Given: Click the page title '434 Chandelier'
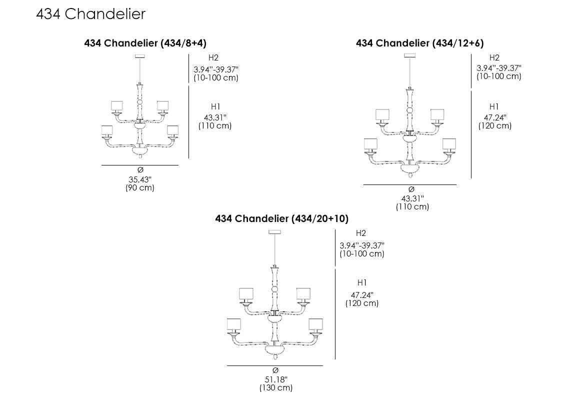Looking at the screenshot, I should (90, 14).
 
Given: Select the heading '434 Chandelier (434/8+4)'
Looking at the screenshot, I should (145, 43).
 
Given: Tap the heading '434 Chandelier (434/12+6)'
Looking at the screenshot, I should (419, 43).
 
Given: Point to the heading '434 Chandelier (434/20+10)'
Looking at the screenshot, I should (281, 219).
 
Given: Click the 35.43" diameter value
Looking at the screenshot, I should (140, 179).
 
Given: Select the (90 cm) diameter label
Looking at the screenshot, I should (140, 188).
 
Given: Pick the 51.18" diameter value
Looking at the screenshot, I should (275, 379).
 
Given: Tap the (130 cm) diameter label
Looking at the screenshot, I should (275, 388).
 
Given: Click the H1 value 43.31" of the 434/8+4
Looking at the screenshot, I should (215, 117).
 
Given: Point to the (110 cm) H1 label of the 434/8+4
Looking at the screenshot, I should (215, 126).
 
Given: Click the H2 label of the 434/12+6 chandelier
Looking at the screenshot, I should (494, 58).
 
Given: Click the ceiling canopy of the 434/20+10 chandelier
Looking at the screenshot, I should (275, 232).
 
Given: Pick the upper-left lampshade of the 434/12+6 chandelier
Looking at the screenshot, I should (382, 115).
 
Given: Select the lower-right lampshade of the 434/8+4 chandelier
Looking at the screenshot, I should (173, 130).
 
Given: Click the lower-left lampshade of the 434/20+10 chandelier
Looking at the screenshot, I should (233, 325).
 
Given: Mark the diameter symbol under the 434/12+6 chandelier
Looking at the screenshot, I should (411, 189).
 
